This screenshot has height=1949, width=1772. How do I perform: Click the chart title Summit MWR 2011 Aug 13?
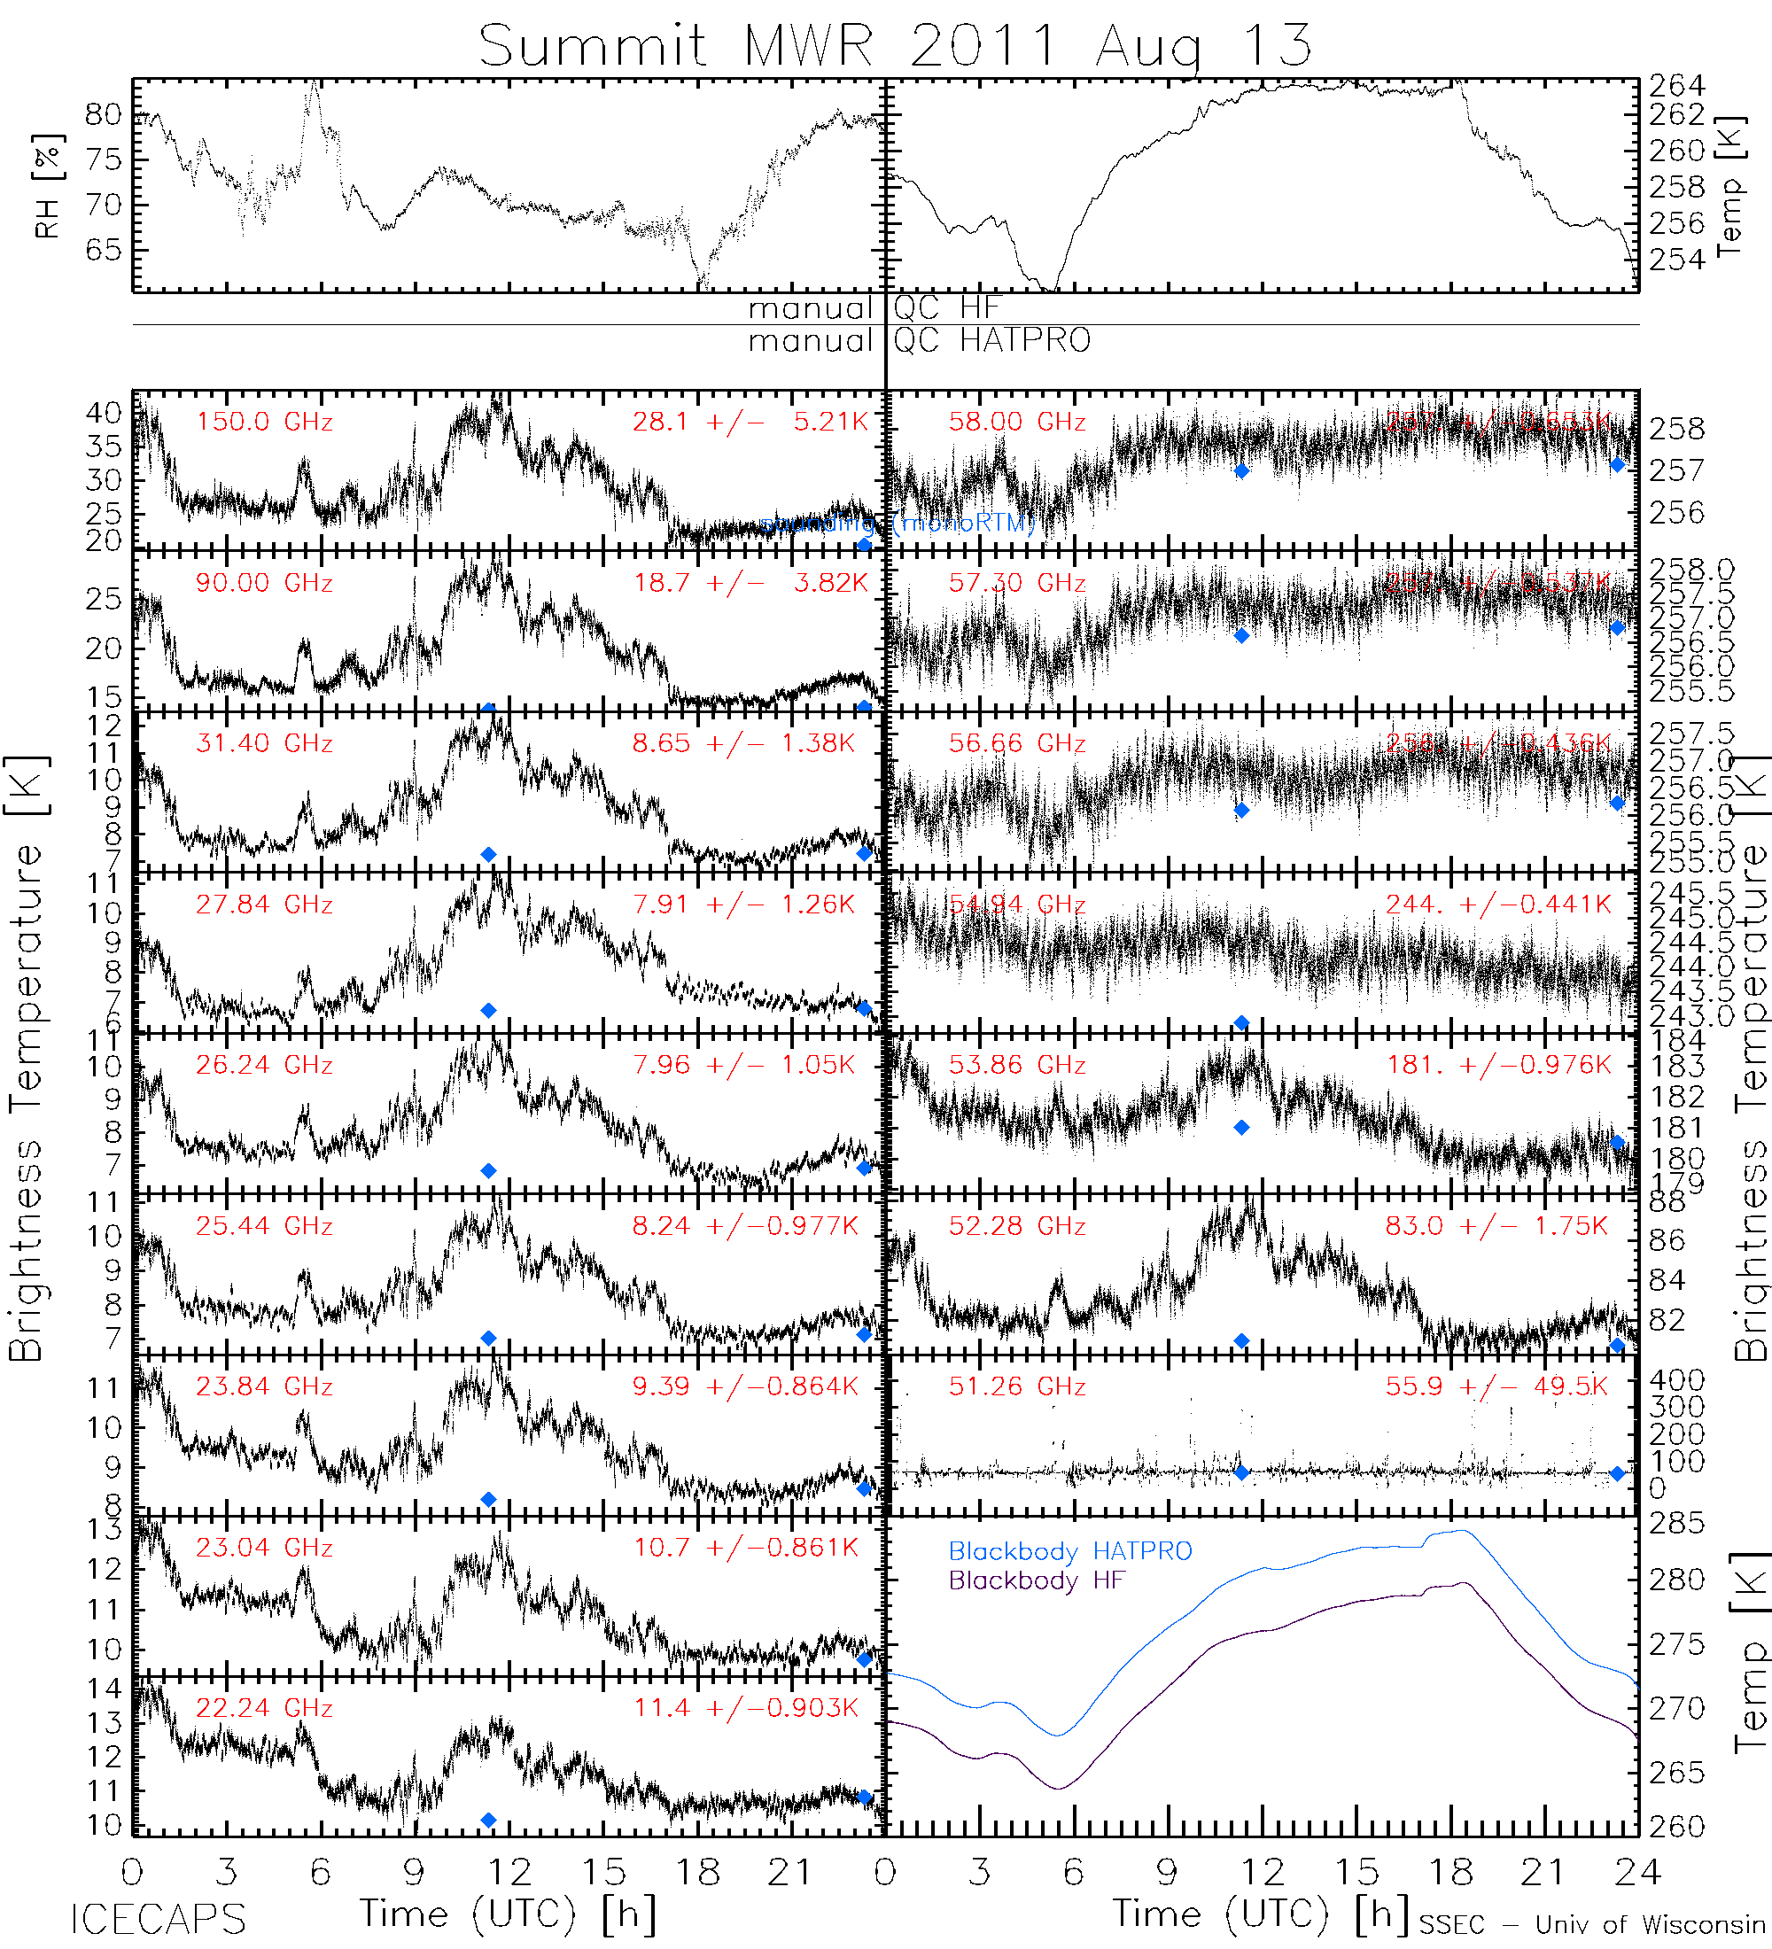895,45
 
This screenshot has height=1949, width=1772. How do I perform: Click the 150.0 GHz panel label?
264,423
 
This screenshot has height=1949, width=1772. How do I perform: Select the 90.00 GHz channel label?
264,583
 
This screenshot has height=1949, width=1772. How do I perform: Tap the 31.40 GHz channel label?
264,743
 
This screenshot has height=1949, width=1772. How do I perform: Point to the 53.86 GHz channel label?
1017,1066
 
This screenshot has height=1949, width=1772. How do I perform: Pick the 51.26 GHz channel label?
1017,1386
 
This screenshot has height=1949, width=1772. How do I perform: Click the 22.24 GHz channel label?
264,1708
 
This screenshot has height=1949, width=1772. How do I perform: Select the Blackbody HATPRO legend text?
1070,1551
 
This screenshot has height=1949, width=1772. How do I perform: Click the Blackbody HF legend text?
1037,1580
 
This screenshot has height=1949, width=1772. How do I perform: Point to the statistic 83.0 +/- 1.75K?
1496,1226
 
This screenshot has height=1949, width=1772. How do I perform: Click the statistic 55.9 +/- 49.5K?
1496,1386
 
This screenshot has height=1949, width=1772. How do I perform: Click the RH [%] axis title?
47,186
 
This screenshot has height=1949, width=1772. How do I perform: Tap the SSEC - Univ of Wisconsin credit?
1592,1925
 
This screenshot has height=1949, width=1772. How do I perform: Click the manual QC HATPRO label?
919,341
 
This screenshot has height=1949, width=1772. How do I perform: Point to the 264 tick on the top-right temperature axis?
1676,86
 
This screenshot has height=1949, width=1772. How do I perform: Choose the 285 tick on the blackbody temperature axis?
1676,1524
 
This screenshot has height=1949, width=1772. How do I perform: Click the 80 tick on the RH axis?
103,115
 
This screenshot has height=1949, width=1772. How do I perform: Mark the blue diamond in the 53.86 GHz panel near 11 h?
1241,1127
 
